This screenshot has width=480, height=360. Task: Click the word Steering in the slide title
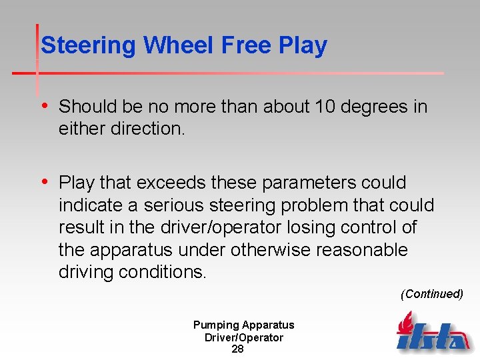point(89,45)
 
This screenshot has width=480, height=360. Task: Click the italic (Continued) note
point(431,294)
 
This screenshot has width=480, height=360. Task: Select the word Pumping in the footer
point(216,325)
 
